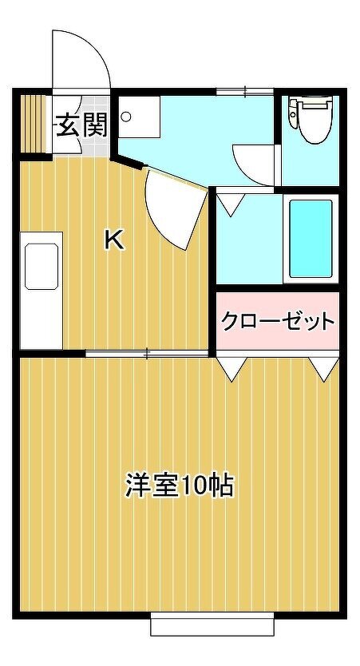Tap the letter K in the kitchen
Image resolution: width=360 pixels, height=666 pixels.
(x=114, y=240)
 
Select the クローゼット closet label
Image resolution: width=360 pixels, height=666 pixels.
(x=278, y=321)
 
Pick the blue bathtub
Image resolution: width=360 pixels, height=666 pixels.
(x=311, y=238)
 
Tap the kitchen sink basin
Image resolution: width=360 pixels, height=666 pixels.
(x=42, y=266)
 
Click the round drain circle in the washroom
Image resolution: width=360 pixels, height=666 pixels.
(x=126, y=116)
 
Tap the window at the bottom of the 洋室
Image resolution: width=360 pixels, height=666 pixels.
(x=212, y=624)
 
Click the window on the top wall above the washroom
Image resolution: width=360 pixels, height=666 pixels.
(x=244, y=91)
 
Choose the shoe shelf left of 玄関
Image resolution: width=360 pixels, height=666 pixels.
(x=33, y=124)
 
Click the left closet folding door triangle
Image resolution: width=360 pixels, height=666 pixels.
(x=231, y=369)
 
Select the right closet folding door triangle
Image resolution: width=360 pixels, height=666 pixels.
(x=324, y=369)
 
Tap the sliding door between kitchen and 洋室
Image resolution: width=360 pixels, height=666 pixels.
(x=148, y=353)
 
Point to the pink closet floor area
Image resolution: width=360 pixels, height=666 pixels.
(x=278, y=321)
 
